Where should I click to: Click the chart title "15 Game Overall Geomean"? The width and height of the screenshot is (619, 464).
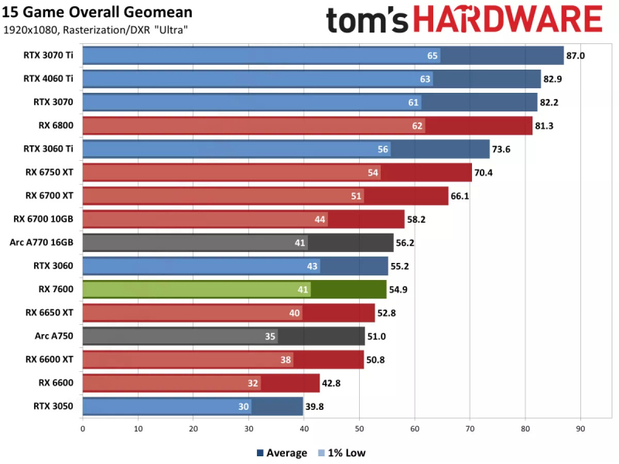(97, 13)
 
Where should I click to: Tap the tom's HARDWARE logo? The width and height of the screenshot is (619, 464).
(464, 19)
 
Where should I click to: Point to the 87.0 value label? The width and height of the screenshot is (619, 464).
(577, 56)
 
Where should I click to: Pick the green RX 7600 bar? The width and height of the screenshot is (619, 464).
(234, 289)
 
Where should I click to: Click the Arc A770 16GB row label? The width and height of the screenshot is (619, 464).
(43, 242)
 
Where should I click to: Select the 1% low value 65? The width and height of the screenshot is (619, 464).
(433, 56)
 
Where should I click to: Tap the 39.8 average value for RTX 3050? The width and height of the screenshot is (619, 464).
(316, 406)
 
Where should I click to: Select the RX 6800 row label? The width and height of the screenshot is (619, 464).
(56, 125)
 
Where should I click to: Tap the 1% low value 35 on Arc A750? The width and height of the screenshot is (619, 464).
(270, 336)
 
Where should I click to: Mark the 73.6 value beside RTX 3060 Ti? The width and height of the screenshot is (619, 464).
(504, 149)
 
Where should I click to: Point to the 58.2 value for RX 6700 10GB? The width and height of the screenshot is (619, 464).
(419, 219)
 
